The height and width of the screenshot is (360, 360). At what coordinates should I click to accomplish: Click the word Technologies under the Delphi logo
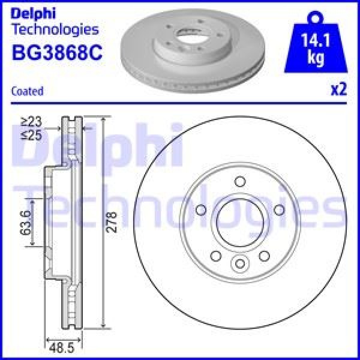tap(55, 29)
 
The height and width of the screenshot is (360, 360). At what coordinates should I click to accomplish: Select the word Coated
tap(27, 91)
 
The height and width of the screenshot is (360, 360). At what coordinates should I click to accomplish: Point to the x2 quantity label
tap(339, 90)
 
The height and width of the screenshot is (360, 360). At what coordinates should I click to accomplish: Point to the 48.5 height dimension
tap(58, 346)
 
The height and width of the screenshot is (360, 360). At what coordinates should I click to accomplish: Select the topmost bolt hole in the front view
tap(239, 182)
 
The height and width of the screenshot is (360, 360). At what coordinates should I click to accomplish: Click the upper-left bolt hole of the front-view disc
tap(202, 209)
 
